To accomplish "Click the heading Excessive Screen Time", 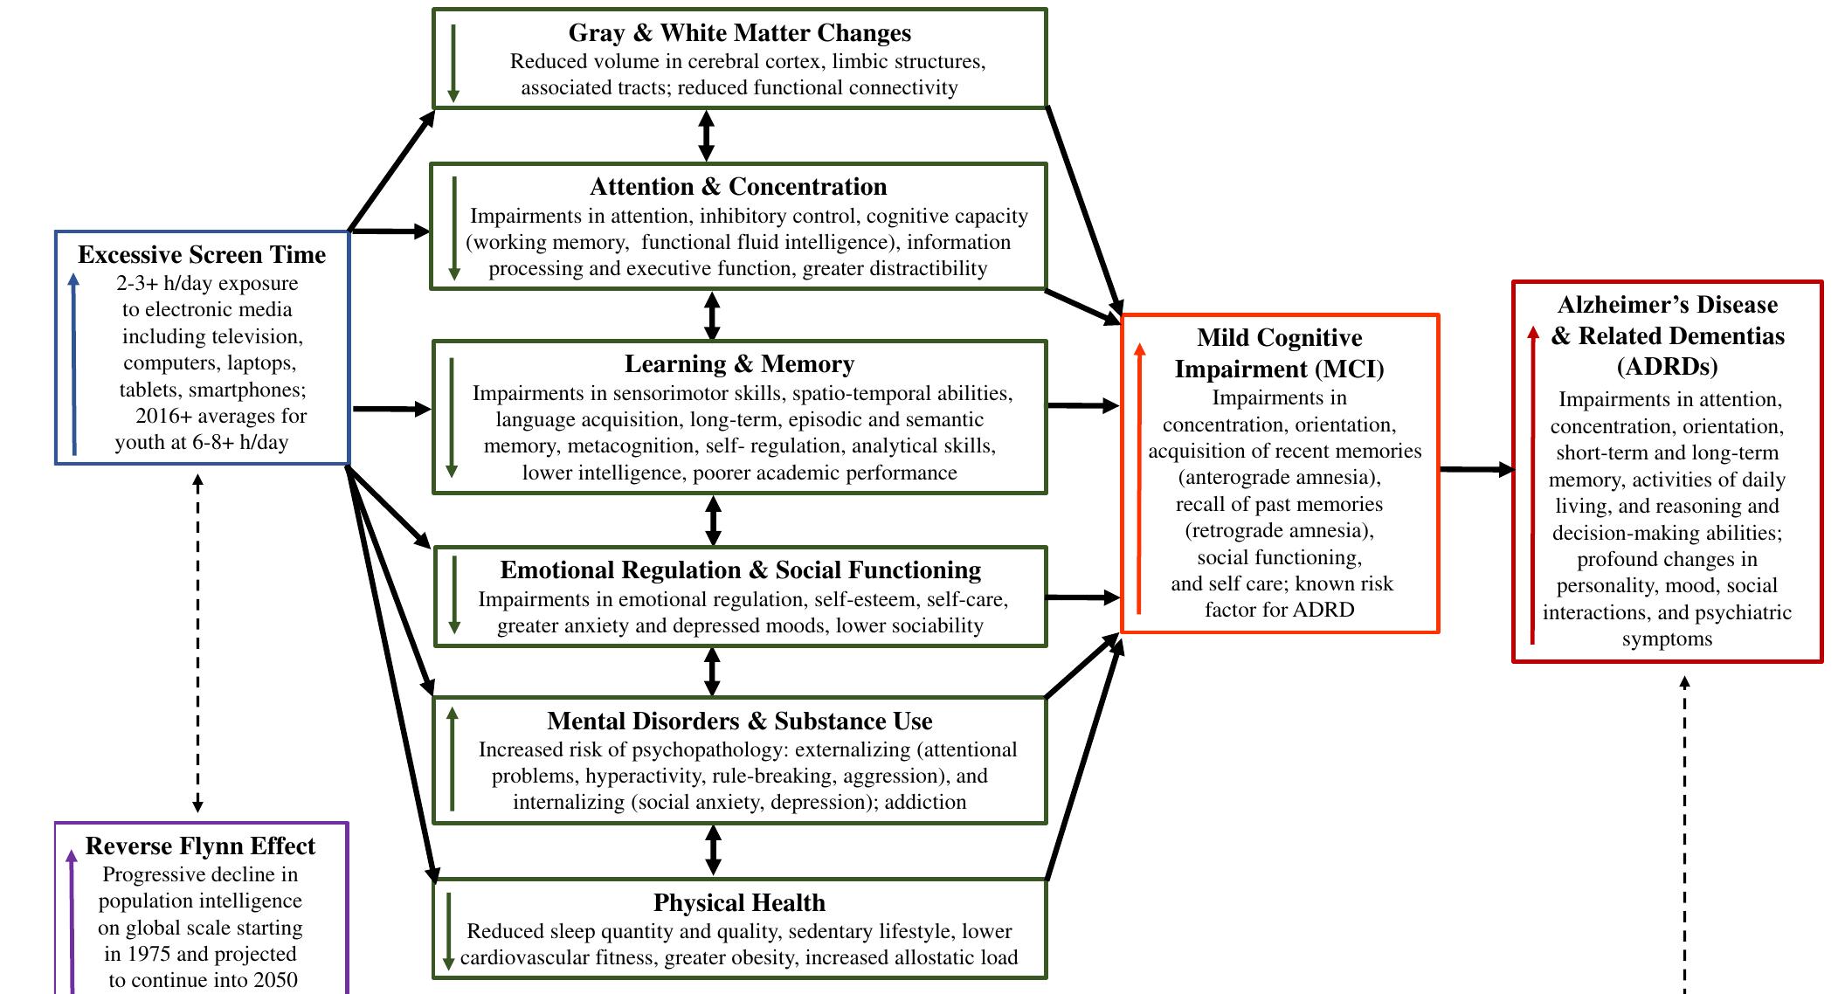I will [202, 255].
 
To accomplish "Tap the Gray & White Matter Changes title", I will [739, 33].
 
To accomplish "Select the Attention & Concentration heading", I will [738, 187].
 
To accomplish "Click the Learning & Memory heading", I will [739, 364].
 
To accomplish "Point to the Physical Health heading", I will [739, 902].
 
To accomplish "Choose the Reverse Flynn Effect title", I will [200, 846].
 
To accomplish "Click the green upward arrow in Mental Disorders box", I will [452, 759].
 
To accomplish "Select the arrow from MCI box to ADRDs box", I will [1476, 470].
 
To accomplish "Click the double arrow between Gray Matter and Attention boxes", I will [706, 135].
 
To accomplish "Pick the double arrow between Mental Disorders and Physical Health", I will [713, 850].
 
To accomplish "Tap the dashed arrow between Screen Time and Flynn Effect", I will [197, 643].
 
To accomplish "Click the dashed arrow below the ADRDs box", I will [1684, 830].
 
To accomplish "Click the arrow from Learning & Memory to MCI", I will [1083, 406].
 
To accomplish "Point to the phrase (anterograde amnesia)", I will [1279, 478].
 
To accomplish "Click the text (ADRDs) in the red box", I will [1667, 367].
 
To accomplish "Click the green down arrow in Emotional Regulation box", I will [453, 594].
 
